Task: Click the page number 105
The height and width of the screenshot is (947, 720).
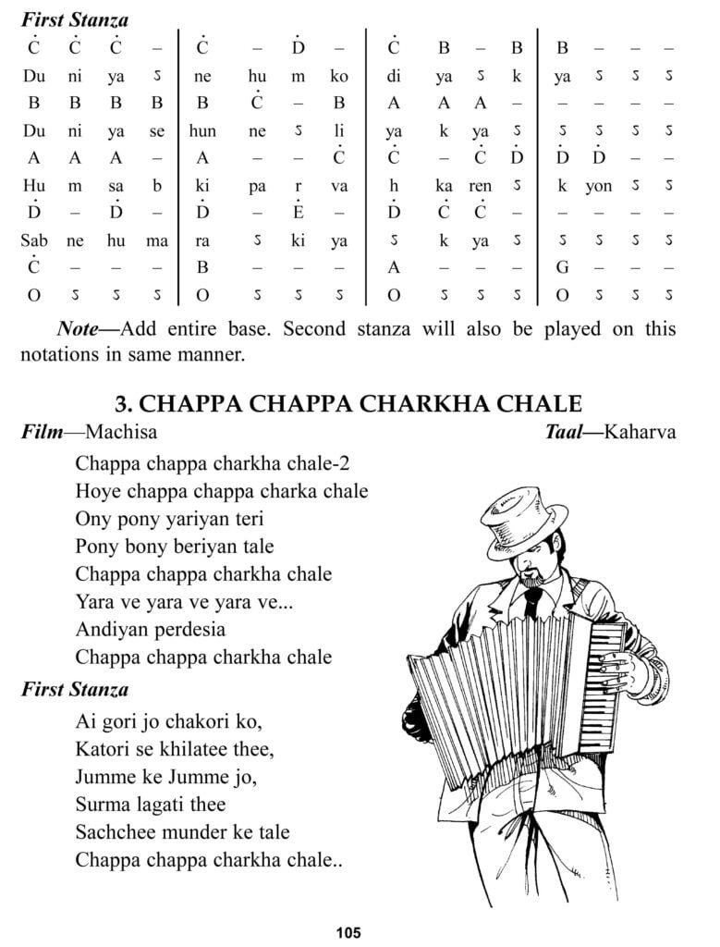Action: (x=348, y=932)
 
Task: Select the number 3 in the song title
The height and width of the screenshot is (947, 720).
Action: (x=121, y=404)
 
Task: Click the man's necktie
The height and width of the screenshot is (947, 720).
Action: (x=532, y=601)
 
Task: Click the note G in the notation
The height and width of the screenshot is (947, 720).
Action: (x=561, y=268)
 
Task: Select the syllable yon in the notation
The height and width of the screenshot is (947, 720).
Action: (x=598, y=186)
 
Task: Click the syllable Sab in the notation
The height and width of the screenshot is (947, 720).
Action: (x=34, y=241)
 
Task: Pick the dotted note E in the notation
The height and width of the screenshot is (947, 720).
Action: (x=298, y=214)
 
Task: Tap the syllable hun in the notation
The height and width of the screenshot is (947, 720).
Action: (x=202, y=131)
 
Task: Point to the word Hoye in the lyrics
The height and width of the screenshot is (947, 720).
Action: (x=97, y=491)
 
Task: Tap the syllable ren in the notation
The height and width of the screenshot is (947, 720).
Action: (x=481, y=186)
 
